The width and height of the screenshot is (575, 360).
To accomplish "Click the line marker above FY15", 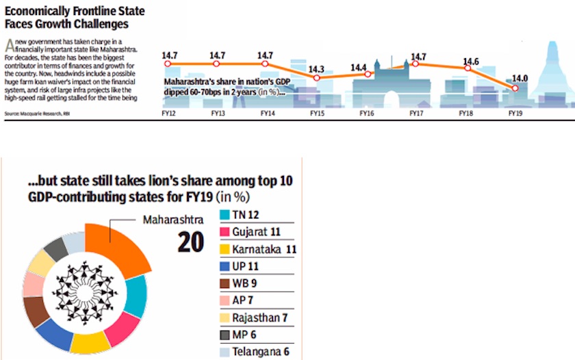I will (x=316, y=78).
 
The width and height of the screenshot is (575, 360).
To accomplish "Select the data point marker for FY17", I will (x=416, y=64).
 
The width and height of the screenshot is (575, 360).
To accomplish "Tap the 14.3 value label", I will (x=316, y=68).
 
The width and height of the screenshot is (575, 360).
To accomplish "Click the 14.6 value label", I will (x=470, y=61).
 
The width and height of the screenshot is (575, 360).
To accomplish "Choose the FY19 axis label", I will (x=516, y=114).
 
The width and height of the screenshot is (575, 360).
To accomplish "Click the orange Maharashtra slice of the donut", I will (x=123, y=246).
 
